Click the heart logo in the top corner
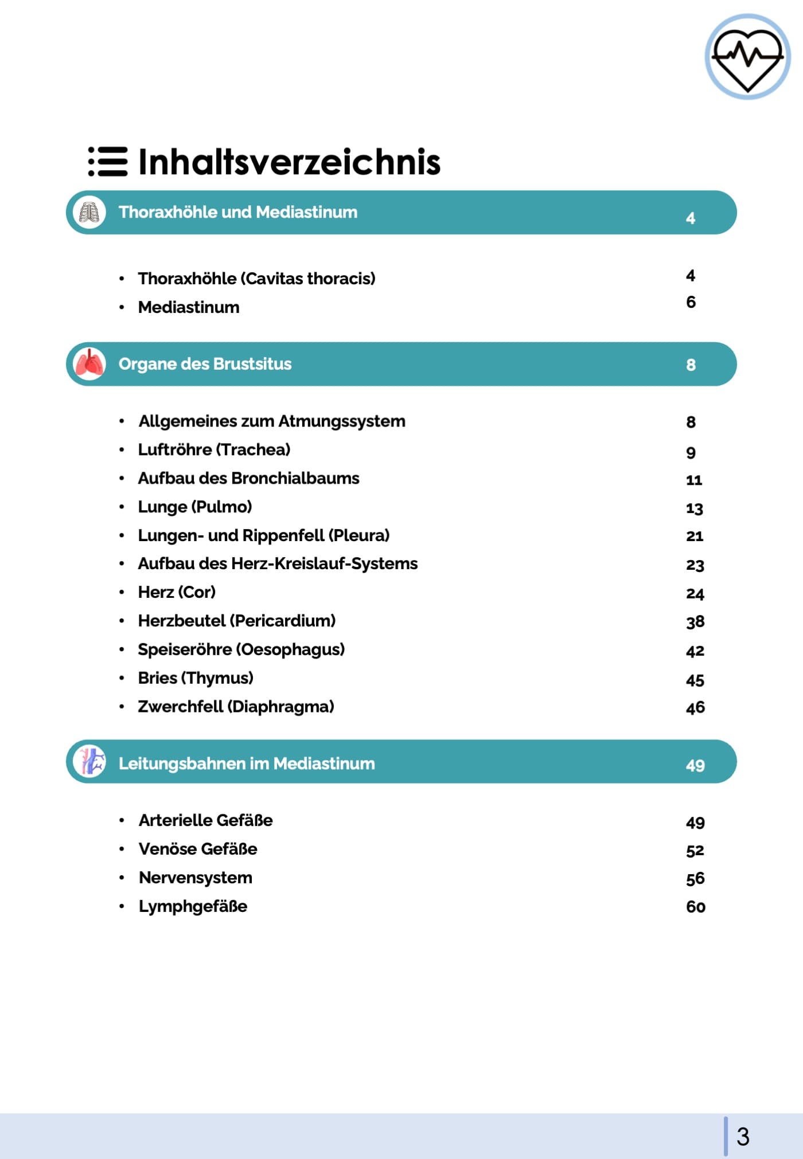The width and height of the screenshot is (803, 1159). tap(747, 57)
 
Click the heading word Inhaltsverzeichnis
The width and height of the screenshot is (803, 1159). tap(289, 162)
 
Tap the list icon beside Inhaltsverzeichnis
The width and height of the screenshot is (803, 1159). tap(107, 162)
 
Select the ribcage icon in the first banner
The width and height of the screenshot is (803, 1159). tap(89, 213)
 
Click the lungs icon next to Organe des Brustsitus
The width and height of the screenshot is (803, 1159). tap(89, 364)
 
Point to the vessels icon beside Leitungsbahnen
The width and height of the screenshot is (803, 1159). tap(89, 762)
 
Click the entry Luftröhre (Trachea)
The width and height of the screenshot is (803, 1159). tap(214, 450)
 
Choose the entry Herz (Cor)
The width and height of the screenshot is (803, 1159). tap(177, 592)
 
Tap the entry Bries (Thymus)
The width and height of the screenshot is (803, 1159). tap(196, 678)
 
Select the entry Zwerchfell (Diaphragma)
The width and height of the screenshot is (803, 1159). tap(236, 707)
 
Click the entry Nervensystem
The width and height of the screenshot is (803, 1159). tap(196, 878)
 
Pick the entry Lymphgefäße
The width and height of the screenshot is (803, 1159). tap(193, 906)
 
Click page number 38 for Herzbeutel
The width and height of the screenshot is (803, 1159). tap(695, 622)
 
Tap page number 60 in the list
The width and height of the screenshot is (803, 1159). tap(696, 907)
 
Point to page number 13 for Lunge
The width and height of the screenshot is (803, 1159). tap(695, 508)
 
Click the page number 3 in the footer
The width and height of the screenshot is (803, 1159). tap(743, 1136)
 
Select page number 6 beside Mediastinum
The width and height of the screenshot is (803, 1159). tap(691, 302)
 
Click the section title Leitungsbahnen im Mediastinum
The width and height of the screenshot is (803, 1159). tap(247, 763)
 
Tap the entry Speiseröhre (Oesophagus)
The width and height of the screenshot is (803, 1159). tap(241, 649)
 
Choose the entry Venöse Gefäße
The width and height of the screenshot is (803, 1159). tap(198, 849)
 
